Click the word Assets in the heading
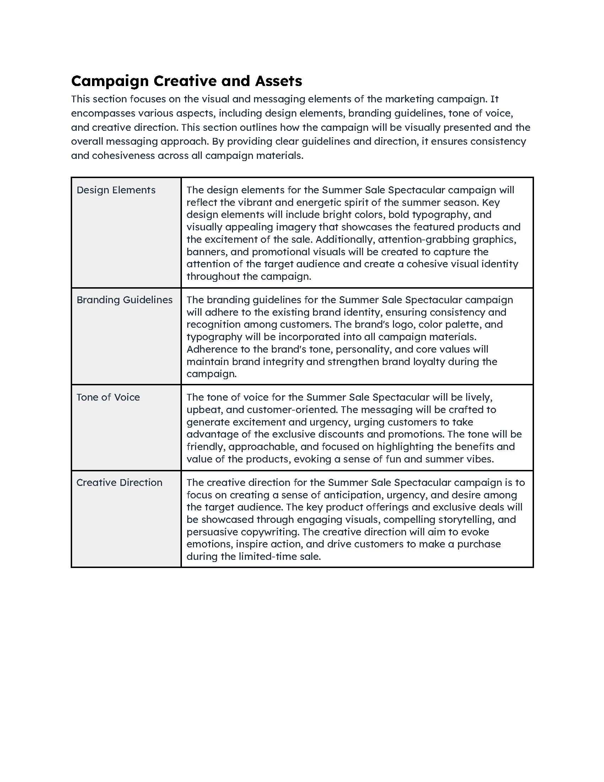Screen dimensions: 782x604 (x=279, y=81)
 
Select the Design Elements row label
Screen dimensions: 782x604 (x=116, y=190)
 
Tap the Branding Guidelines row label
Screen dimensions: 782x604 (x=124, y=300)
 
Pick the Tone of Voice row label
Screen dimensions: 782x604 (x=108, y=397)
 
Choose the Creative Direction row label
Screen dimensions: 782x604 (x=119, y=482)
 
